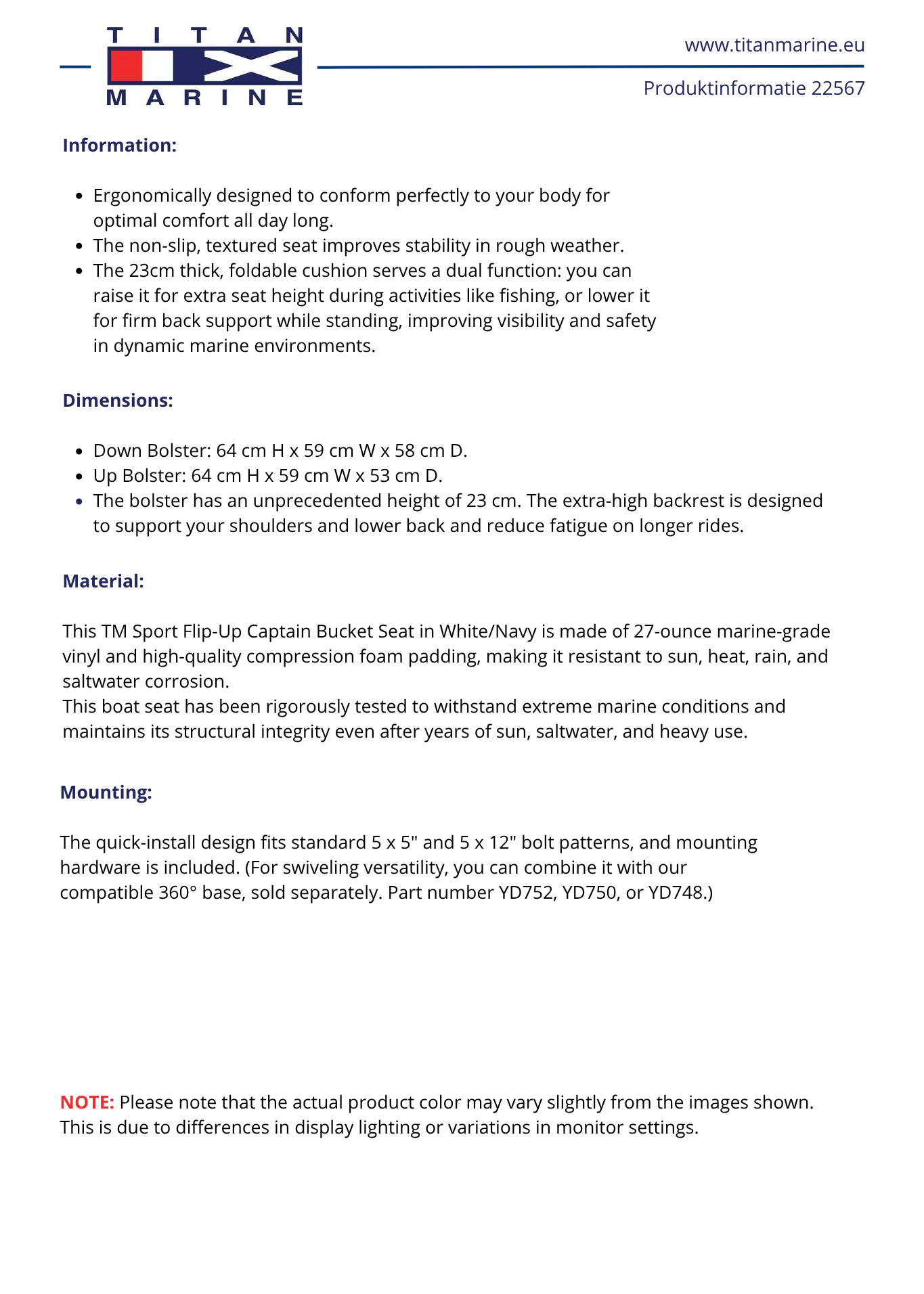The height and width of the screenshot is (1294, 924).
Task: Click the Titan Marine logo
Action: [204, 66]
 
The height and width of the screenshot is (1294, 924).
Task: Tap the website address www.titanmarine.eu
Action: [774, 45]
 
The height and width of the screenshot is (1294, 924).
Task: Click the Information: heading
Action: [120, 146]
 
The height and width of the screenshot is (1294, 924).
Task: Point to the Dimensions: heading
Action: [118, 401]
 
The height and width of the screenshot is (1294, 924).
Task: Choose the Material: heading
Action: [104, 581]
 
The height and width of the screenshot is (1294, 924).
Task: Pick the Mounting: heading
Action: [106, 793]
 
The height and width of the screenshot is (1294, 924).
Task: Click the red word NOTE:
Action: [87, 1102]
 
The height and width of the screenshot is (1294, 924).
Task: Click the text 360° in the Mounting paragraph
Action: [178, 893]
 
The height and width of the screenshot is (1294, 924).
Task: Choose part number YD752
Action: [526, 893]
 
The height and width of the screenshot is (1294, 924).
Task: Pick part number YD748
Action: [676, 893]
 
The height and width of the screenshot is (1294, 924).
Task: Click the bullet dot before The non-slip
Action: [79, 246]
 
